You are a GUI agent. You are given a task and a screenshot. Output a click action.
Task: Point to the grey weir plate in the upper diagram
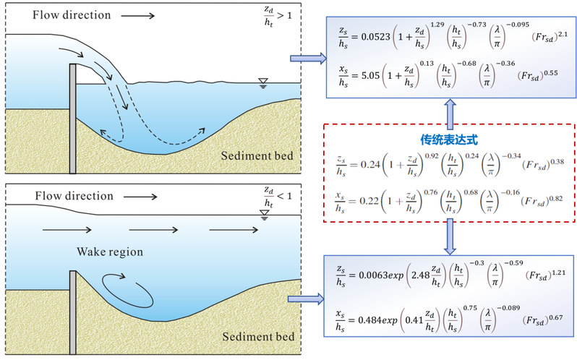point(73,119)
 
